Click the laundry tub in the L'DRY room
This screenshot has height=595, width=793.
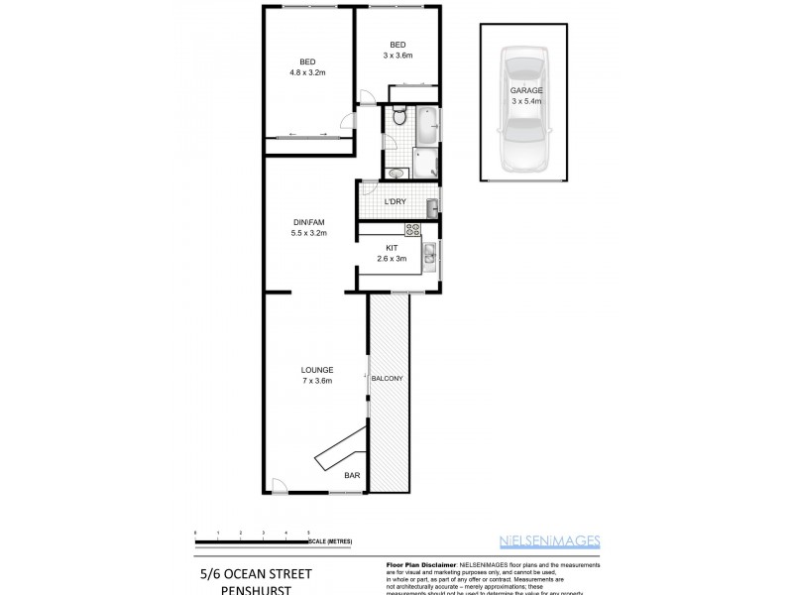(x=432, y=206)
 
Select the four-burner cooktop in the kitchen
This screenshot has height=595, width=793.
(x=413, y=230)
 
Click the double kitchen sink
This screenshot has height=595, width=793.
(x=428, y=256)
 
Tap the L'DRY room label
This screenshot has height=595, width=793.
(x=395, y=202)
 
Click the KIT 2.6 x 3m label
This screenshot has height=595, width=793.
(x=393, y=253)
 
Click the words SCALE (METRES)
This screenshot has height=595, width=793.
(x=330, y=541)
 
